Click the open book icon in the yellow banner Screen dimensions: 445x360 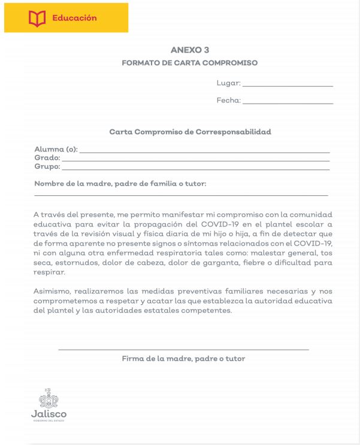tap(37, 19)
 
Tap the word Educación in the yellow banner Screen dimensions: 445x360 tap(74, 18)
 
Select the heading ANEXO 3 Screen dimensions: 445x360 tap(189, 50)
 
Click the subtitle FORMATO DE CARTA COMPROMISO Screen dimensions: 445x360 tap(189, 62)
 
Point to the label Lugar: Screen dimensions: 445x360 tap(228, 83)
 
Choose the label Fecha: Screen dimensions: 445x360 tap(228, 101)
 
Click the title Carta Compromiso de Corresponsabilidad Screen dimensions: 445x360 tap(190, 132)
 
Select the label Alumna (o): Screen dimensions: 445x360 tap(56, 149)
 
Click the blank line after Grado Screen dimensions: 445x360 tap(195, 160)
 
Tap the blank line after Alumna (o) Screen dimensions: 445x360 tap(204, 152)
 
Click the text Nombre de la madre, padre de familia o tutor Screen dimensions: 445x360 tap(120, 184)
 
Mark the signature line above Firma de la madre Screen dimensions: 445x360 tap(183, 349)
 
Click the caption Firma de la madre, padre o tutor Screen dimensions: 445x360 tap(183, 359)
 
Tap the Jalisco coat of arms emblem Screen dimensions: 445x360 tap(49, 398)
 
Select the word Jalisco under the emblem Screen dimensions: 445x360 tap(49, 413)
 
